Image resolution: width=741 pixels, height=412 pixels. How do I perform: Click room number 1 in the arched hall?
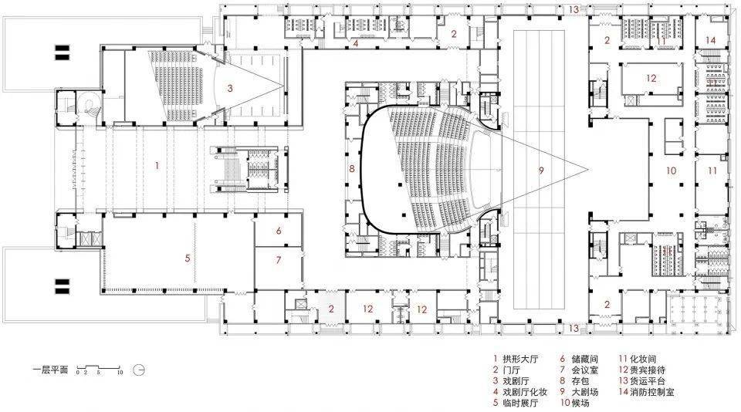tap(157, 165)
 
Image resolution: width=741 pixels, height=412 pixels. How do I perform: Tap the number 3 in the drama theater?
tap(229, 89)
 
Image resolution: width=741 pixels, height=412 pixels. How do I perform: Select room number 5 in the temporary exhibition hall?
tap(188, 258)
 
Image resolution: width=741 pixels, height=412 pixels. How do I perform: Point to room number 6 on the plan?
tap(278, 231)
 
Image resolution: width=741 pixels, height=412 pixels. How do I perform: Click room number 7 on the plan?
tap(278, 260)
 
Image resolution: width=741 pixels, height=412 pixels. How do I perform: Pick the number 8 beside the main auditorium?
tap(351, 168)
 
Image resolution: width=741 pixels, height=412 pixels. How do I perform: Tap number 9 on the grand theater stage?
tap(540, 170)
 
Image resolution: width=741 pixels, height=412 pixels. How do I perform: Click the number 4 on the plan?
tap(355, 44)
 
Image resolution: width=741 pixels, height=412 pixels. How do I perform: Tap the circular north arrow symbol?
tap(139, 370)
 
